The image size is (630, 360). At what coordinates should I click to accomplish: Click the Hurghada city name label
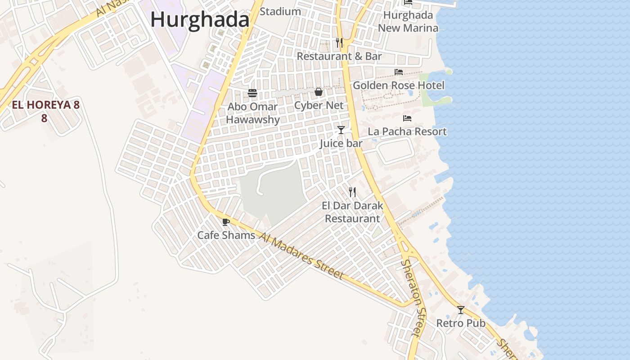coord(200,20)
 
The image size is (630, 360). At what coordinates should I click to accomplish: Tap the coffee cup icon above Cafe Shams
coord(226,222)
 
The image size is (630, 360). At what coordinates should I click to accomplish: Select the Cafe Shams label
coord(226,235)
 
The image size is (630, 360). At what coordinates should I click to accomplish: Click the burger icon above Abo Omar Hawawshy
coord(252,93)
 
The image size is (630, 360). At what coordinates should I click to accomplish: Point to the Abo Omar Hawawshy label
coord(252,113)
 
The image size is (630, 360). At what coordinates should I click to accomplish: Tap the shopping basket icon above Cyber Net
coord(319,92)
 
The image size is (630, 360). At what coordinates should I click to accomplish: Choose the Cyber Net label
coord(319,105)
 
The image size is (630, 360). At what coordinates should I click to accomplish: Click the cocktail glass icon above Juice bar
coord(341,130)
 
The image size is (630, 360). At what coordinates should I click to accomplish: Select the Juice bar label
coord(341,144)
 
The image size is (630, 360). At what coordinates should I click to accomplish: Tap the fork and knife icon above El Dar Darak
coord(352,192)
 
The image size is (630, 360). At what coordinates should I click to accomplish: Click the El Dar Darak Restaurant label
coord(352,212)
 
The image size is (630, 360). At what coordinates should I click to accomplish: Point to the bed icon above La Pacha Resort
coord(407,118)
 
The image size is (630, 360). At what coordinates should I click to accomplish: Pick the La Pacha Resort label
coord(407,131)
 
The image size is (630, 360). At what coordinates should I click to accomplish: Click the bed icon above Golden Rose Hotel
coord(399,72)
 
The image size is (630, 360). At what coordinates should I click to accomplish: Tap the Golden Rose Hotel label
coord(399,85)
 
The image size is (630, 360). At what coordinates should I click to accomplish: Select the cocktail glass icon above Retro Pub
coord(461,310)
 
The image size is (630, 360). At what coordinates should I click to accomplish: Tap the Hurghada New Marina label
coord(408,22)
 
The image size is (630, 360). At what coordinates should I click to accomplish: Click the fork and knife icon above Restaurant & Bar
coord(339,43)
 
